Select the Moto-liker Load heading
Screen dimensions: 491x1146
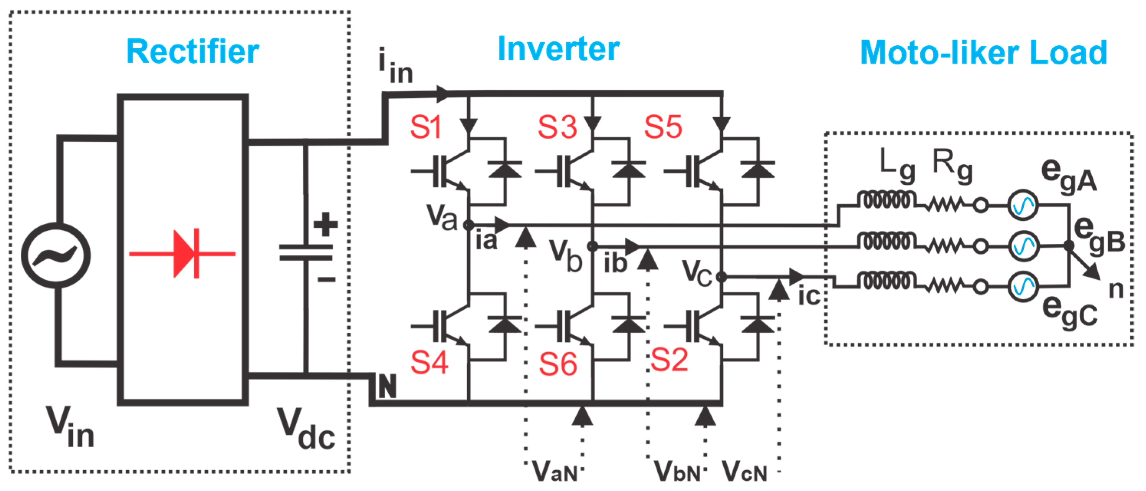coord(983,53)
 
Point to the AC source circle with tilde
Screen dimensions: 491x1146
coord(56,255)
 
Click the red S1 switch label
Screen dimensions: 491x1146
coord(425,127)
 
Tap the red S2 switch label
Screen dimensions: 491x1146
coord(669,360)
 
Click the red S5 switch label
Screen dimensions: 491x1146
coord(663,127)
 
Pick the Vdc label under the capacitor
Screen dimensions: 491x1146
coord(306,429)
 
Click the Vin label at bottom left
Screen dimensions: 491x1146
coord(70,427)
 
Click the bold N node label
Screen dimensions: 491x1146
coord(387,386)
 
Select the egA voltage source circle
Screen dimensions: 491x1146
coord(1022,205)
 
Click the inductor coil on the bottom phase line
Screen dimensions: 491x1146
coord(886,281)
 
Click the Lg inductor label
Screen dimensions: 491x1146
coord(897,166)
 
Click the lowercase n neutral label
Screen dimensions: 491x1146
coord(1116,289)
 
